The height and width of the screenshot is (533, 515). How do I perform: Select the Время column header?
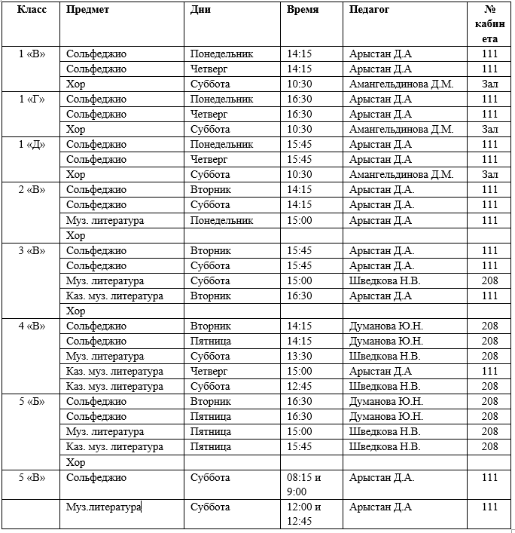[x=303, y=10]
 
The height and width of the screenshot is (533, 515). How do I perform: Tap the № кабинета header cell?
[x=490, y=24]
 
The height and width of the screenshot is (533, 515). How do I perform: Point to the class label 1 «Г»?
[x=31, y=100]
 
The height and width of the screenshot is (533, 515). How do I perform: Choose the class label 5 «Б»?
[x=31, y=402]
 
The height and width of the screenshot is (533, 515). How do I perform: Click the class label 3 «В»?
[x=31, y=251]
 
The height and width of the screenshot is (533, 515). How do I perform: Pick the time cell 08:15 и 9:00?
[x=304, y=484]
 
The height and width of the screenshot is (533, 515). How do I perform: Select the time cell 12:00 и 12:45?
[x=304, y=514]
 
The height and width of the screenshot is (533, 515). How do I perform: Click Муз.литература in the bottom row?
[x=104, y=507]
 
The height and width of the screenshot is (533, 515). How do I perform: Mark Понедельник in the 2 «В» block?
[x=222, y=221]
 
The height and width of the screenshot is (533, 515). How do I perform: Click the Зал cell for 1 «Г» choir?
[x=490, y=130]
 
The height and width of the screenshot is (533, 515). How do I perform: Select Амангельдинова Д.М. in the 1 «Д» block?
[x=401, y=175]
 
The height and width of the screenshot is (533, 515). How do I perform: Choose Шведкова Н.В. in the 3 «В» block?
[x=385, y=281]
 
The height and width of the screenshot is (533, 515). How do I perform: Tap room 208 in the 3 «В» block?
[x=490, y=281]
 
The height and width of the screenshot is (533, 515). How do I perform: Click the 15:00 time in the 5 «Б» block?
[x=300, y=432]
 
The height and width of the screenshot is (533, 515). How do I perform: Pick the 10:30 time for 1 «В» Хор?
[x=300, y=84]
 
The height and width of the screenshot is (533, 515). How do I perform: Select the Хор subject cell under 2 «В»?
[x=76, y=236]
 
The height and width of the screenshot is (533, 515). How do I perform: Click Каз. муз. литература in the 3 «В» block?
[x=114, y=296]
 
